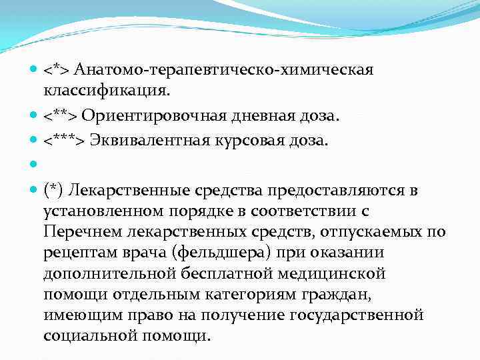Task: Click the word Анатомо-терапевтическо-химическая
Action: (x=224, y=69)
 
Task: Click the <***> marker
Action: (x=65, y=141)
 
